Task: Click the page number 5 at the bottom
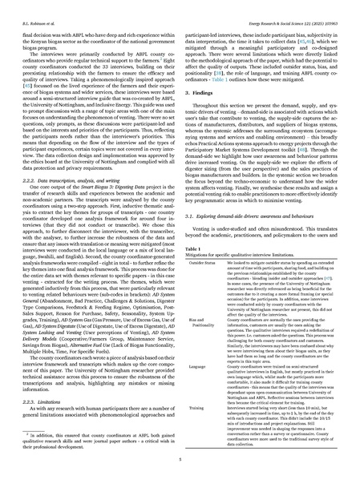coord(180,459)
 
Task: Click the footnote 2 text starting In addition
coord(96,430)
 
